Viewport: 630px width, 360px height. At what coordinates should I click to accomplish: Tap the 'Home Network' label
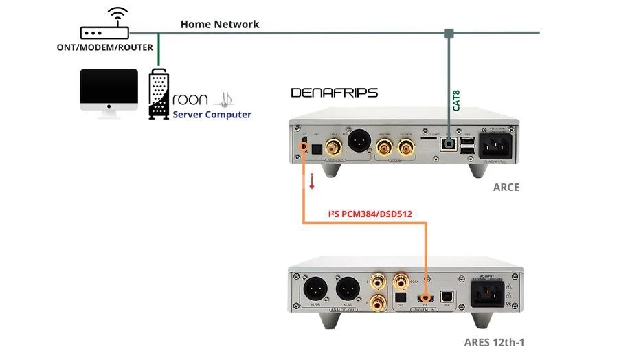219,24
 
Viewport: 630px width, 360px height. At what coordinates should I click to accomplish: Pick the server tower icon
159,94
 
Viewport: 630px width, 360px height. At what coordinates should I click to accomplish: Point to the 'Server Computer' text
212,115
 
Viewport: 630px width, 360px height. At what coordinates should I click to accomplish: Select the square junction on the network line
449,33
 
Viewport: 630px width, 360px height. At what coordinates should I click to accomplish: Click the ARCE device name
506,187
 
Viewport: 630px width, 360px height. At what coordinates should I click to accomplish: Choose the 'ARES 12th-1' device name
494,341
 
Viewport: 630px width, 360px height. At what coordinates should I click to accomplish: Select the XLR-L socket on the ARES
346,286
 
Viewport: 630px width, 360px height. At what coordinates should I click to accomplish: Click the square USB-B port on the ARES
446,295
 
